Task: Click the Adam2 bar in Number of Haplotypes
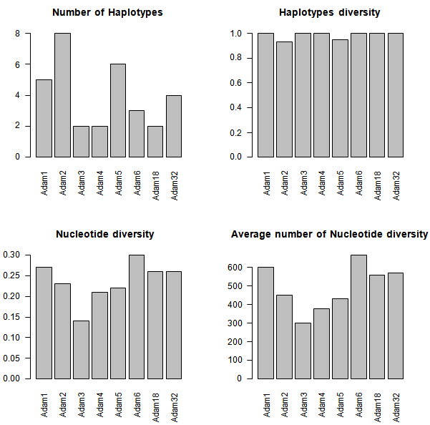click(x=63, y=94)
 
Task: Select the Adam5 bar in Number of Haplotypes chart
click(x=118, y=110)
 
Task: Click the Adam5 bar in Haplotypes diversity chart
click(x=340, y=98)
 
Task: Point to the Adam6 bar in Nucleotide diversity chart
click(x=136, y=317)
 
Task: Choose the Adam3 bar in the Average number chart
click(x=303, y=351)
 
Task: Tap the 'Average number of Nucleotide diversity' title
click(x=330, y=234)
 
